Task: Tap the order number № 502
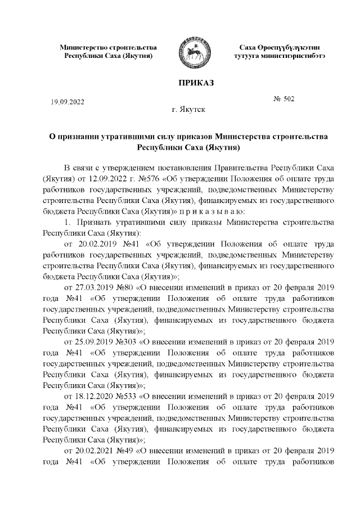point(283,100)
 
